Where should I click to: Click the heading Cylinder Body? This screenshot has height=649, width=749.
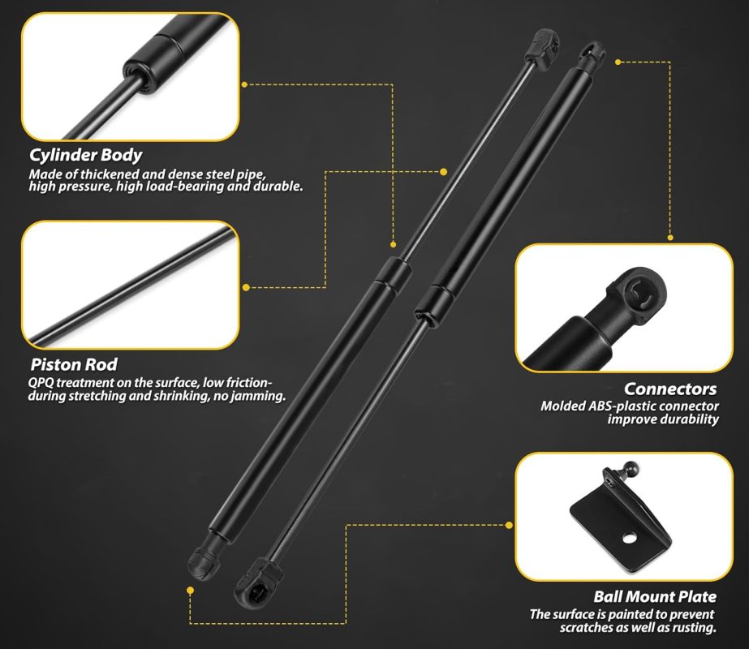coord(86,155)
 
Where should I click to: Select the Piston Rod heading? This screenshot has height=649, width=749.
coord(74,364)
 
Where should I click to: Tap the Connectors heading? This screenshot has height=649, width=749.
coord(670,389)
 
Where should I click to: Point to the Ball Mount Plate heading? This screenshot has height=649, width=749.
coord(655,596)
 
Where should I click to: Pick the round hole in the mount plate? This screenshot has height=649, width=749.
coord(630,538)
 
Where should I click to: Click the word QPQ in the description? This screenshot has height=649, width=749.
coord(41,383)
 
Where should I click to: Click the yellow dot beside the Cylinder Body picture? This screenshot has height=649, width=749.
coord(244,84)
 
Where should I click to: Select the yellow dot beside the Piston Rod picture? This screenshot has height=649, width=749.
coord(246,287)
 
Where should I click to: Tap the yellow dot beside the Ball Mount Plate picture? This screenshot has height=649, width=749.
coord(509,526)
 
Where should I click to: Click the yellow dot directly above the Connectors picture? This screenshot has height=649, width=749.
coord(670,238)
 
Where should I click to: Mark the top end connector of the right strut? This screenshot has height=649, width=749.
coord(591,56)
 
